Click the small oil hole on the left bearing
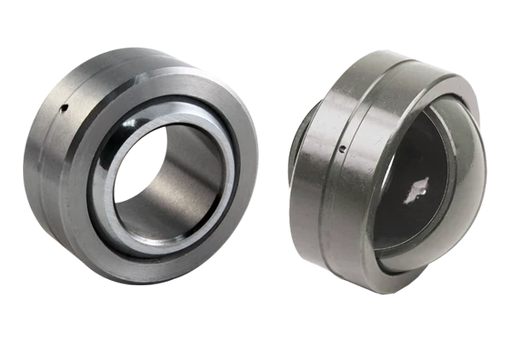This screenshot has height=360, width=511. coord(63,108)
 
